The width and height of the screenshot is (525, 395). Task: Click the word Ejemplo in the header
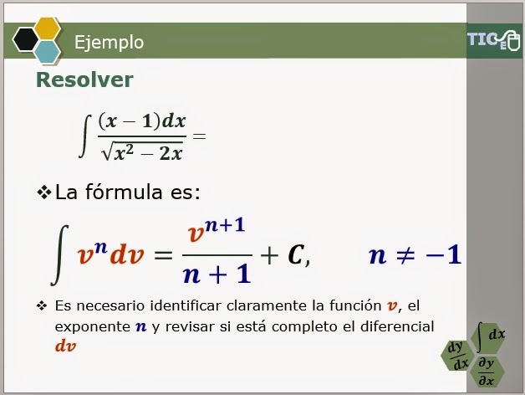click(109, 42)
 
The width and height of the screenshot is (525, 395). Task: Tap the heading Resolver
click(84, 80)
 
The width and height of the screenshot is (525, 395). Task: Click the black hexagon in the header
click(25, 39)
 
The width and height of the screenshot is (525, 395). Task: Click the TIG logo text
click(483, 40)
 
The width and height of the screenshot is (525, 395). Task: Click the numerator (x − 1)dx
click(141, 121)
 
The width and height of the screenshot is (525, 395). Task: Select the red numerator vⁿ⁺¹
click(217, 230)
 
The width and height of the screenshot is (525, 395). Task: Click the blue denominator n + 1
click(217, 274)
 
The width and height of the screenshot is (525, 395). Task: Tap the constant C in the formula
click(296, 256)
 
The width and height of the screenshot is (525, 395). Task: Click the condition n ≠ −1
click(415, 254)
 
